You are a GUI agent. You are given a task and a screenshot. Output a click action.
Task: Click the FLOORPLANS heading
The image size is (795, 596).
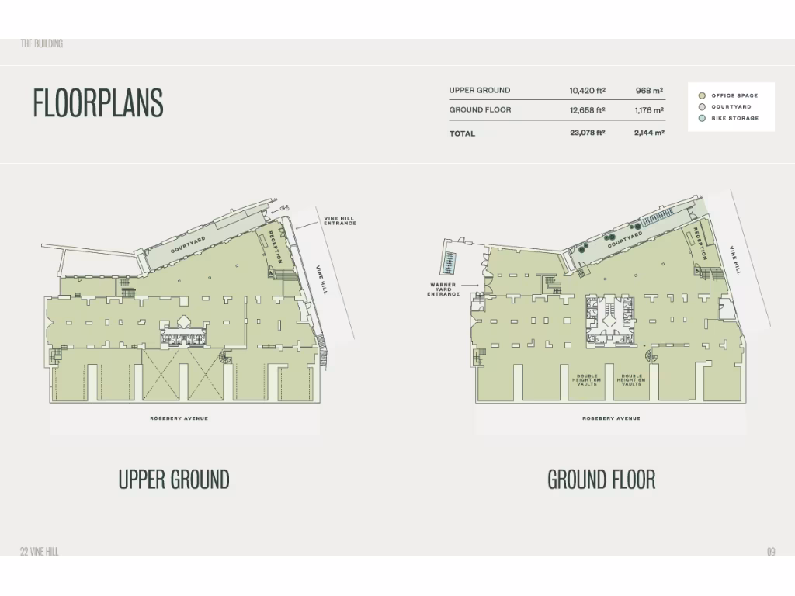98,102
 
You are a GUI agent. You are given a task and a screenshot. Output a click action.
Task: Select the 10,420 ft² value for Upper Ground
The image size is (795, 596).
587,91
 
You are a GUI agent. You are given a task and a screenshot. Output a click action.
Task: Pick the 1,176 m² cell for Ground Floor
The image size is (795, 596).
648,110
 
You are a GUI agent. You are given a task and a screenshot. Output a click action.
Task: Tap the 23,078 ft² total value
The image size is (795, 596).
587,133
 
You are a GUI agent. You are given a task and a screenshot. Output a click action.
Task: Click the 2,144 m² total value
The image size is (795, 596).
648,133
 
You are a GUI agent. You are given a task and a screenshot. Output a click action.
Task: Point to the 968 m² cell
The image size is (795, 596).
649,91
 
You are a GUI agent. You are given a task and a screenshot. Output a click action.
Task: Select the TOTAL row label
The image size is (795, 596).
462,133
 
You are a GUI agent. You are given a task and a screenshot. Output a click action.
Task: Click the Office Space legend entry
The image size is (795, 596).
734,95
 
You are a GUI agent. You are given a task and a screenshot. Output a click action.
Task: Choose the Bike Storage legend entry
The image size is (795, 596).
734,119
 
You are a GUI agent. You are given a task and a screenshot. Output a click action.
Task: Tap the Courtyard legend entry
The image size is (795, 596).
731,107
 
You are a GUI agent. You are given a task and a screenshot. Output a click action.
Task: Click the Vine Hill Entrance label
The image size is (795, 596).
339,221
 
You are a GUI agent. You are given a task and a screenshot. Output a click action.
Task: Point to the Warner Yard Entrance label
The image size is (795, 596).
443,289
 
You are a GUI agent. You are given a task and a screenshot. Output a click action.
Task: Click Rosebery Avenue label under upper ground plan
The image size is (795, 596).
179,418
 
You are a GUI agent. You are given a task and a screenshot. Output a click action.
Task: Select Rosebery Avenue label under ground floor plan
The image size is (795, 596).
611,418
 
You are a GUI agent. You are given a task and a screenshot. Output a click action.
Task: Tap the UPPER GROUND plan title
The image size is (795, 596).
174,480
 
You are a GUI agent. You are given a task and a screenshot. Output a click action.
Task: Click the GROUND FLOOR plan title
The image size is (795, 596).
602,480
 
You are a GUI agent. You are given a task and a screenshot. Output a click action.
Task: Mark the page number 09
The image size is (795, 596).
771,552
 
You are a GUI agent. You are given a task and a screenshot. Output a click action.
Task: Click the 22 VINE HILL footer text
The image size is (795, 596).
39,552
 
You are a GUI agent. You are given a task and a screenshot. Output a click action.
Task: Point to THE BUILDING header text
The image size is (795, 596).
41,43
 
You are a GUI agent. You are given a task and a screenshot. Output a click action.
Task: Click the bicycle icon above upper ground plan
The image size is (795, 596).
284,208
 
